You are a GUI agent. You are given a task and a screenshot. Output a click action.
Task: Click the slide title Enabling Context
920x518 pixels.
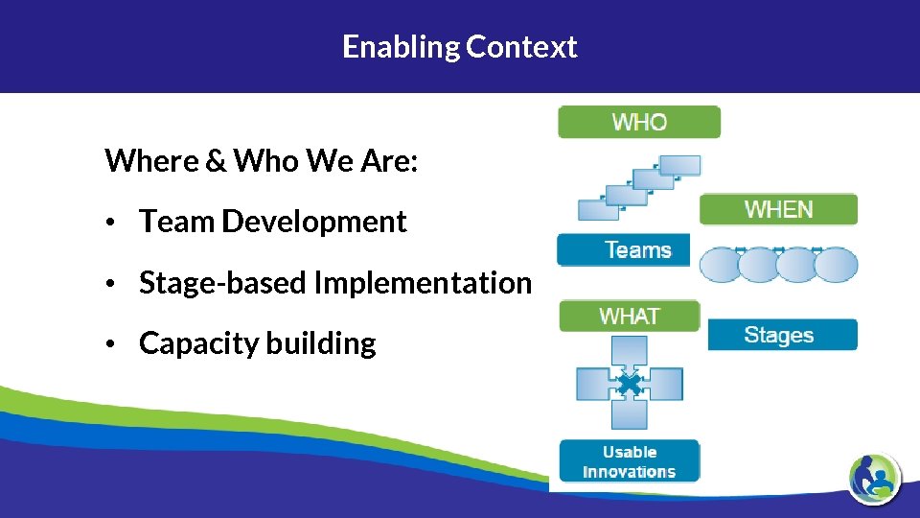460,46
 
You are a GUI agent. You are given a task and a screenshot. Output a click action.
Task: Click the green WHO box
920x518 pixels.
639,122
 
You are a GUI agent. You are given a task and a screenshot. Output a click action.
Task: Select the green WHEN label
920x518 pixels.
778,209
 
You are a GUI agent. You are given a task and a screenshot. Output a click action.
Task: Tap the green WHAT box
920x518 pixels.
630,316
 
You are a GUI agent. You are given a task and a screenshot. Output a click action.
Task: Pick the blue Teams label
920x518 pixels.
624,250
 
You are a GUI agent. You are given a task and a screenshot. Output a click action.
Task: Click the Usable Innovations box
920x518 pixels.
629,461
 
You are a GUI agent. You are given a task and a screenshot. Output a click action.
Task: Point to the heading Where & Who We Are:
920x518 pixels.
261,160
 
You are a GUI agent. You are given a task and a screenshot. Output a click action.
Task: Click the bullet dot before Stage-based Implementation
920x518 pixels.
112,284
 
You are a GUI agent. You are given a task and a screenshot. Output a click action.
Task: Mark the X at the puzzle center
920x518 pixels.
629,385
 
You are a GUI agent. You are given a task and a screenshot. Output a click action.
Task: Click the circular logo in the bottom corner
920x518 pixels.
874,477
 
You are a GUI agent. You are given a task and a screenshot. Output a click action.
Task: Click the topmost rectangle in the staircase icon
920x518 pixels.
680,165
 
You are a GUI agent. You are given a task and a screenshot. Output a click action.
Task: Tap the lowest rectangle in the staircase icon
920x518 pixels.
598,209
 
